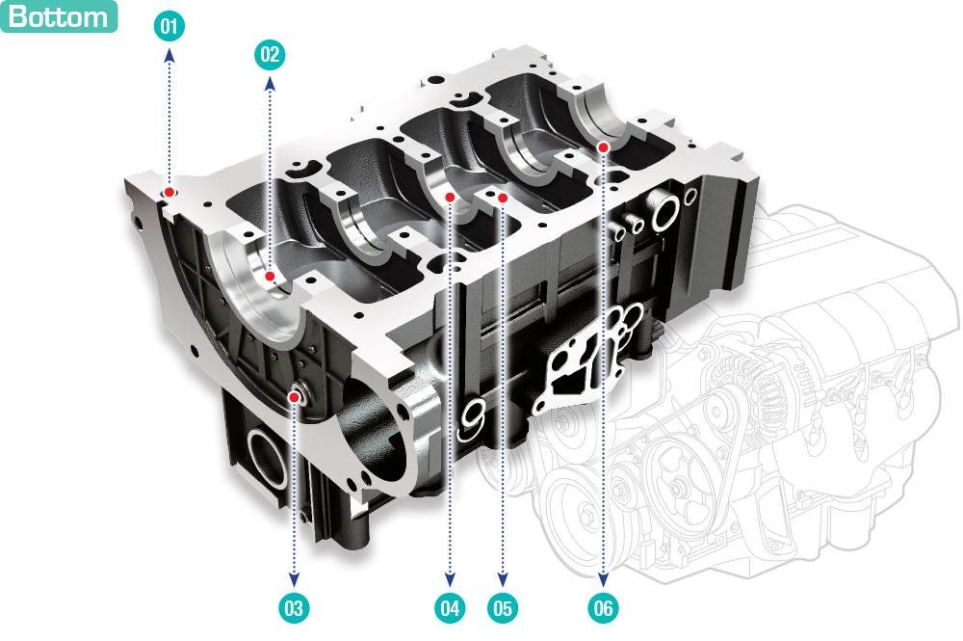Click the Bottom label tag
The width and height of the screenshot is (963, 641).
tap(59, 16)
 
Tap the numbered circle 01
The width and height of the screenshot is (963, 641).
tap(169, 26)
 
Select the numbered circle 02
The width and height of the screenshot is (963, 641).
tap(270, 55)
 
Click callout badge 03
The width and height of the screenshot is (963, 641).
tap(294, 608)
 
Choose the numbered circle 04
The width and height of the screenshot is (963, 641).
tap(450, 608)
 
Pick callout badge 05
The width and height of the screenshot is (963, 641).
tap(503, 608)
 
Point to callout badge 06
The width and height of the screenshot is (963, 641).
tap(603, 608)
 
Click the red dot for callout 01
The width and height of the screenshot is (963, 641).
tap(169, 193)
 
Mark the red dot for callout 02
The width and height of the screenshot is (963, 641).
tap(270, 277)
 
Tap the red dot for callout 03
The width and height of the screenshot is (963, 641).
tap(294, 398)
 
